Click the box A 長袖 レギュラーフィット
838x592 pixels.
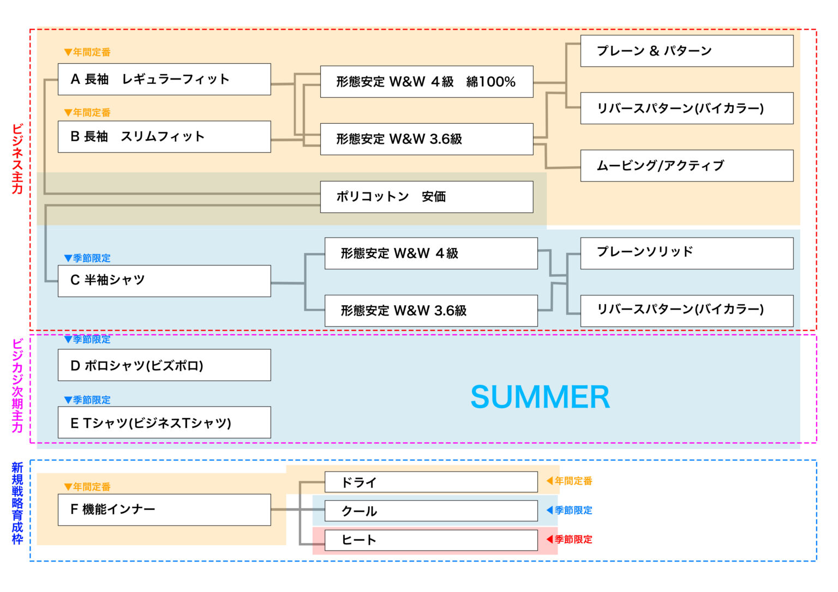(x=164, y=79)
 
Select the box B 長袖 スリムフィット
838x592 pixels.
(x=164, y=136)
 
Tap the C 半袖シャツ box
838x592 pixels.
(x=164, y=281)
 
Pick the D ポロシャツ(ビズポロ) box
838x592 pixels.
(x=164, y=365)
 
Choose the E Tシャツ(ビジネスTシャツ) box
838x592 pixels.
(x=164, y=422)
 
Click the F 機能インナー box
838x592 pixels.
(x=164, y=510)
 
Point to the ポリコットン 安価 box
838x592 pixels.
(x=426, y=197)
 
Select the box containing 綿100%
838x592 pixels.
(x=426, y=82)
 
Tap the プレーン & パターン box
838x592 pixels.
(x=686, y=51)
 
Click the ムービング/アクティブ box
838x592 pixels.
(x=686, y=166)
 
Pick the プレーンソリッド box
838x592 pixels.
(x=686, y=253)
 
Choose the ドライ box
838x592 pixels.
(x=431, y=482)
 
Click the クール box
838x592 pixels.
(x=431, y=511)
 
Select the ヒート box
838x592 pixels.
(x=431, y=540)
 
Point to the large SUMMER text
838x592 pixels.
(x=540, y=397)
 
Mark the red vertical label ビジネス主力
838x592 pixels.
(x=17, y=159)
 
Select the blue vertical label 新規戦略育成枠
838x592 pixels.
(x=17, y=503)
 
